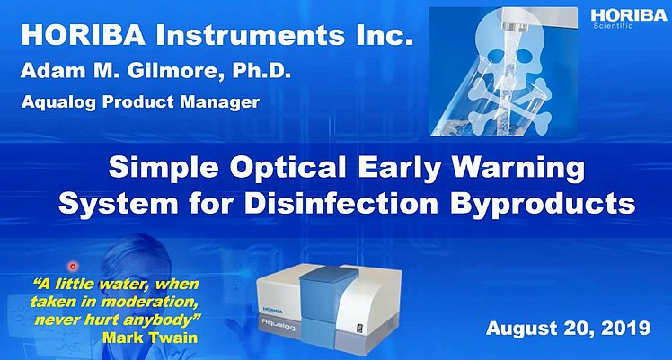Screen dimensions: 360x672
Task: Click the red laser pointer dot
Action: pyautogui.click(x=74, y=267)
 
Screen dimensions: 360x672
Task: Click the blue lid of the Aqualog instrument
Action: pyautogui.click(x=325, y=276)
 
